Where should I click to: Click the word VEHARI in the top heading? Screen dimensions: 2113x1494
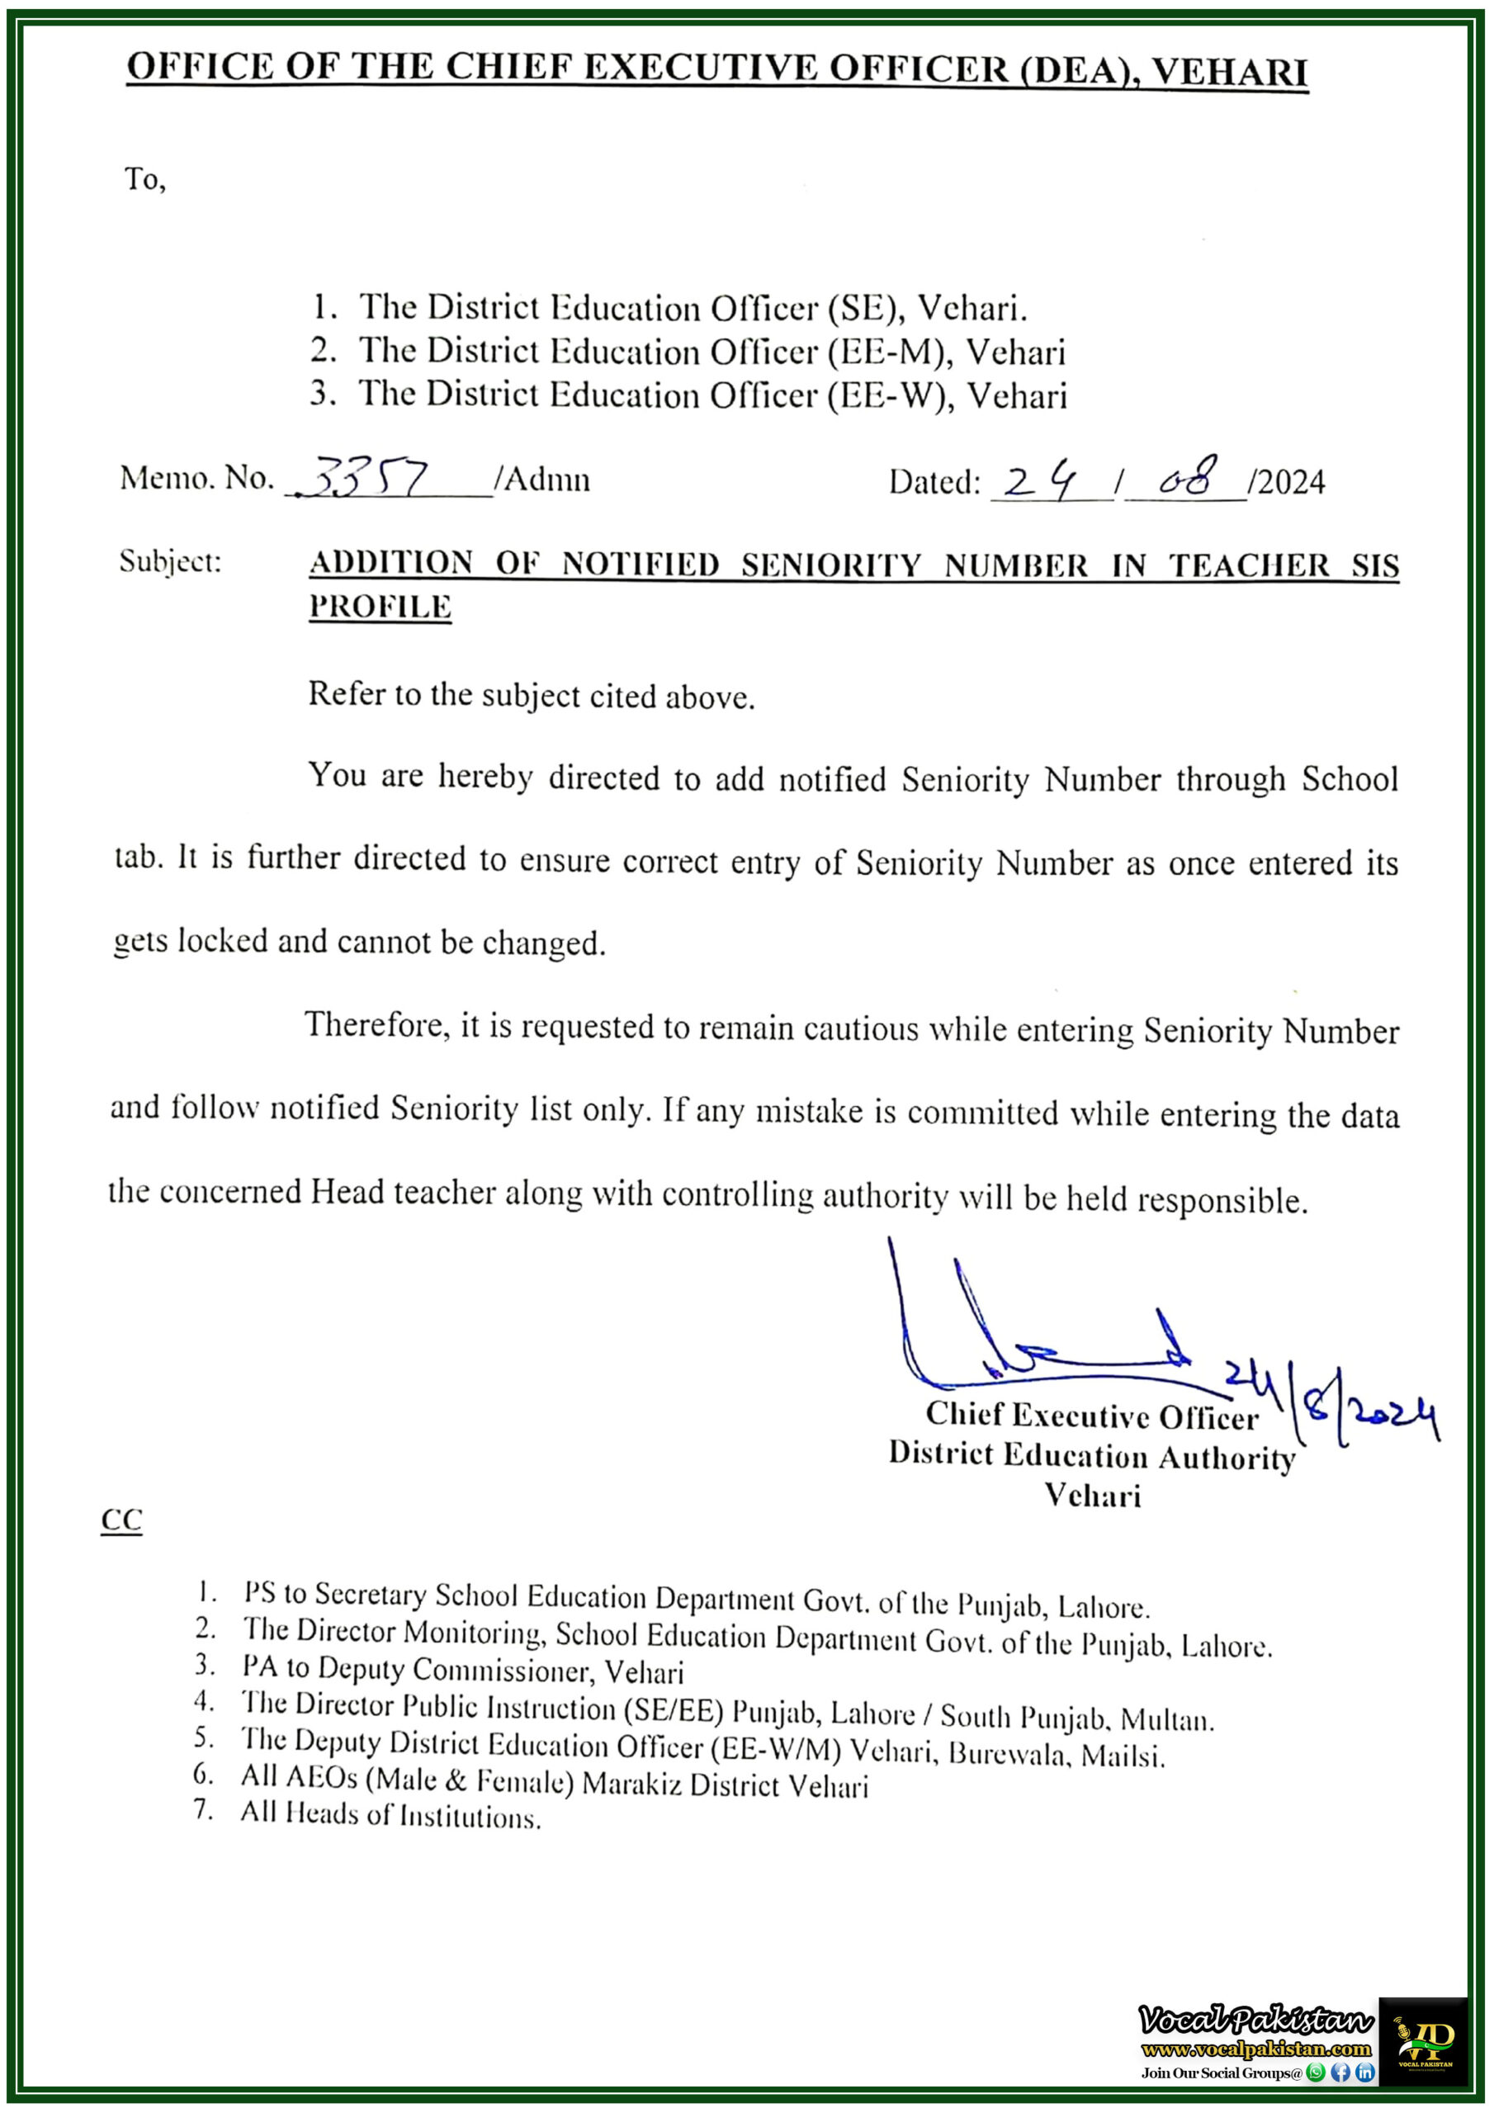[1229, 72]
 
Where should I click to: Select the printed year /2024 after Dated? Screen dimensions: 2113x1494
[1287, 482]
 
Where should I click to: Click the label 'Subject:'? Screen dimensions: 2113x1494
[170, 561]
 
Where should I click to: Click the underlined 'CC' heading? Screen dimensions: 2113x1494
[121, 1520]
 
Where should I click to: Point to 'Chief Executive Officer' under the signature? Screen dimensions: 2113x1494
[1092, 1416]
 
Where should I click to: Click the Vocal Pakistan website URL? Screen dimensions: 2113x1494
[1256, 2049]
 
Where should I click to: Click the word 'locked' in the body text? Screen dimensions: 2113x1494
[222, 941]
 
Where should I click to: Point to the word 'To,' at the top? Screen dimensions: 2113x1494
[145, 178]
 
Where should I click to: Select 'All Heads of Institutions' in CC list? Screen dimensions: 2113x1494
[390, 1816]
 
